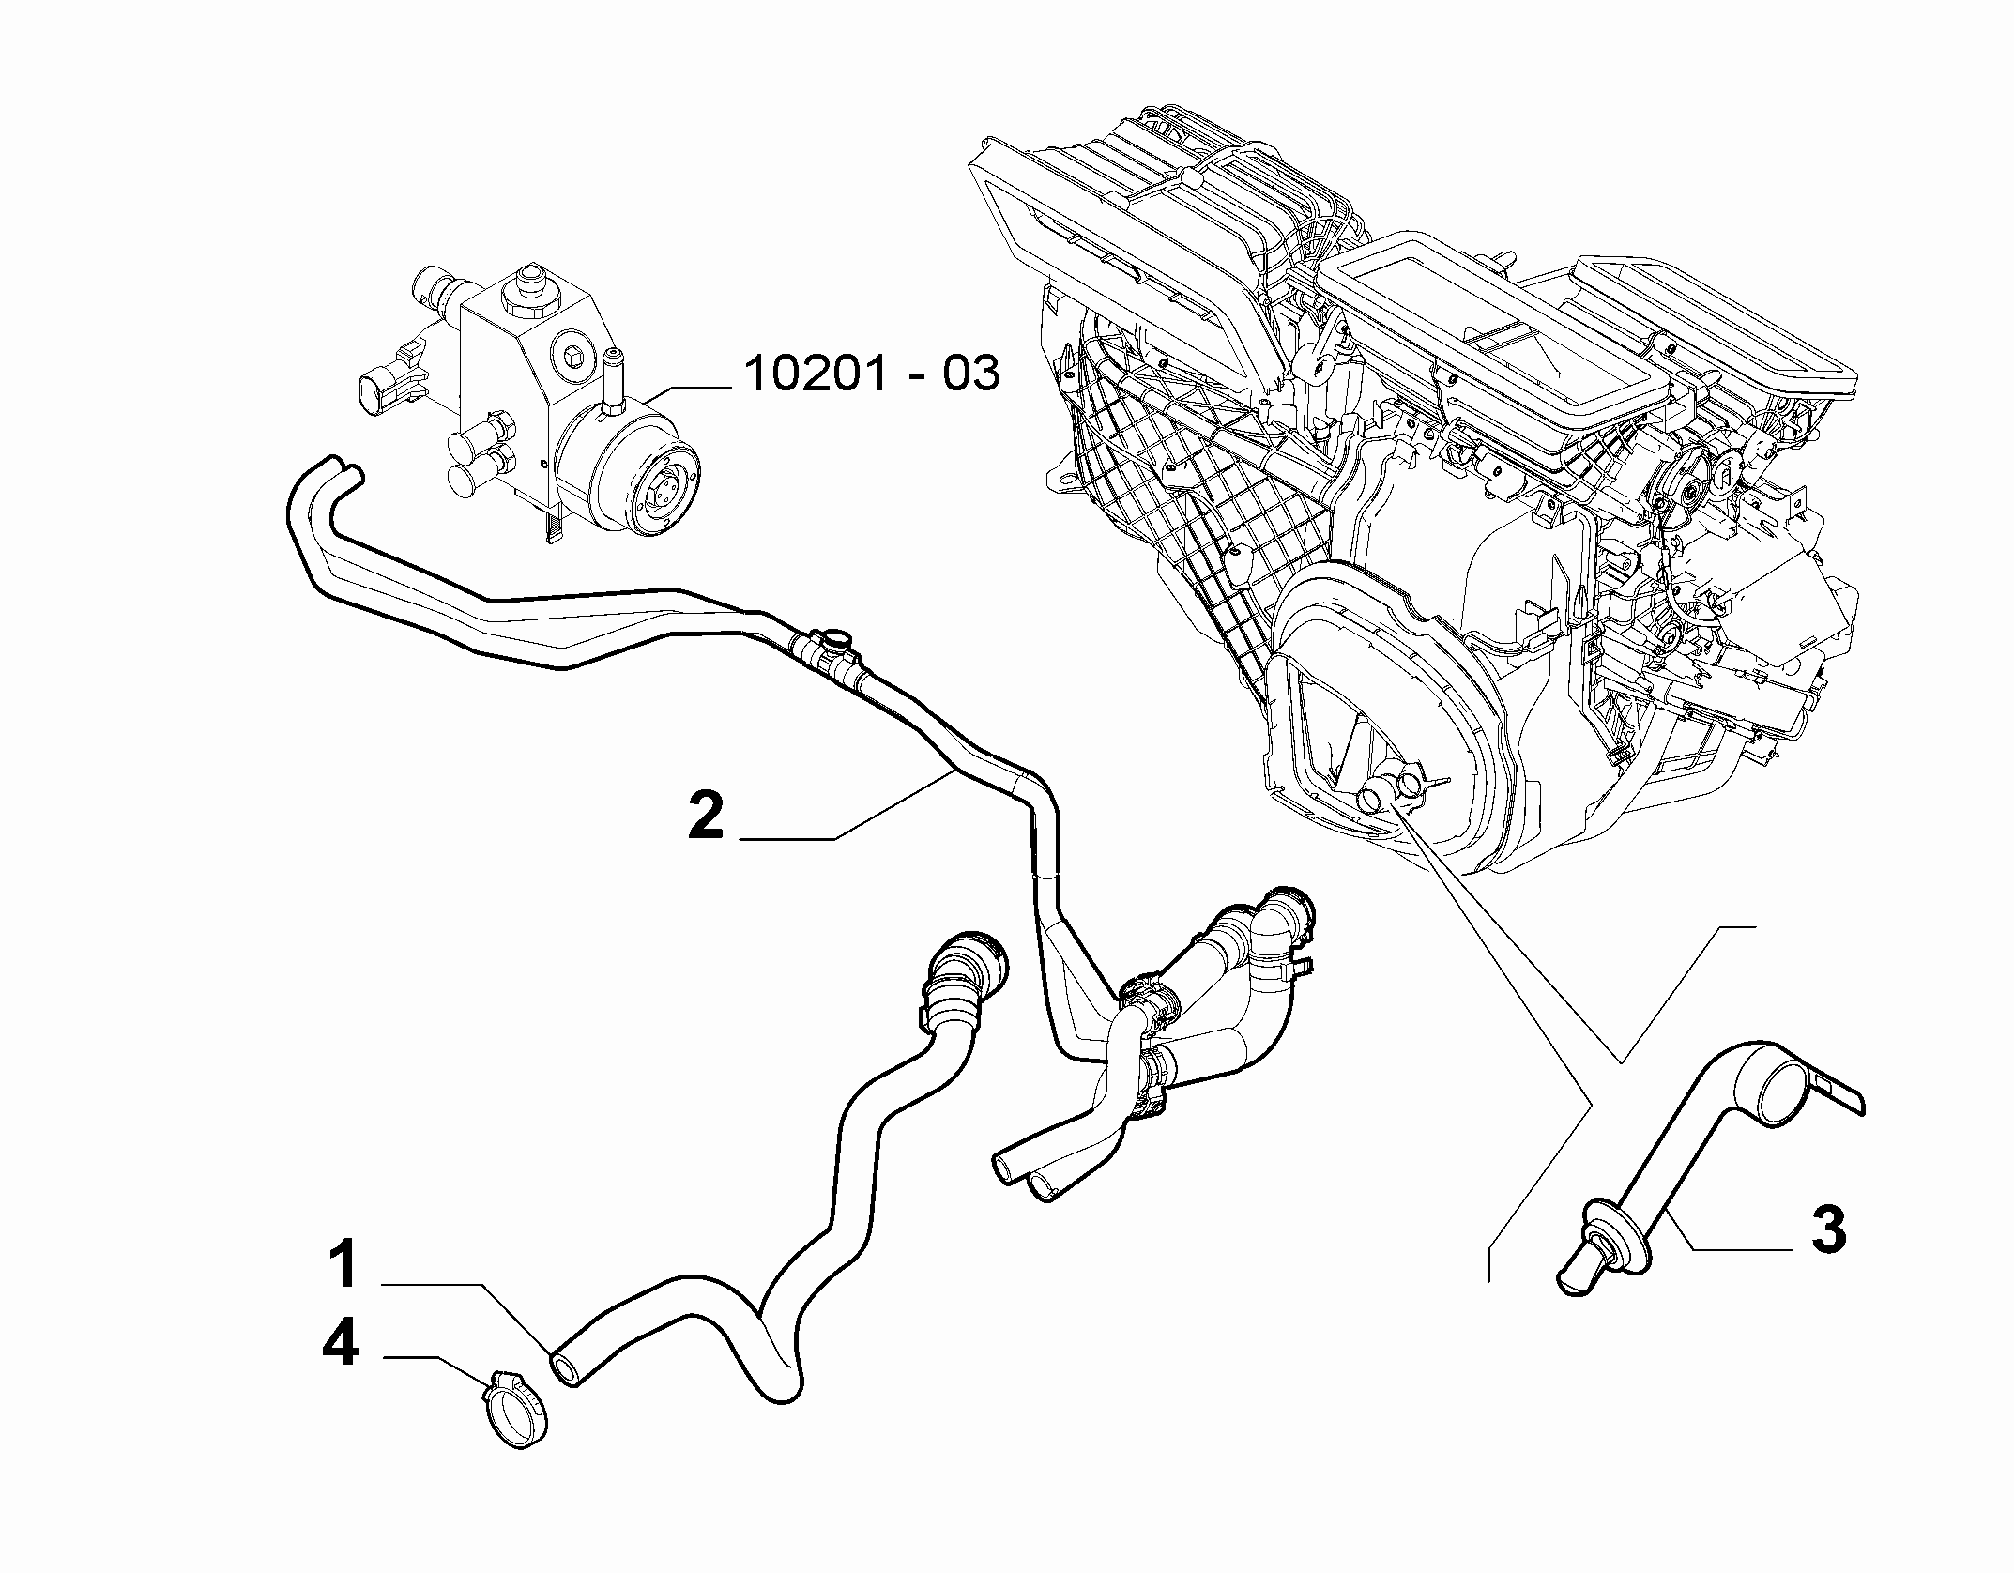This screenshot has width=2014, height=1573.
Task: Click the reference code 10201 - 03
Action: [x=872, y=374]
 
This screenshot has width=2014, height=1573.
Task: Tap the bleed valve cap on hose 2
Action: [x=835, y=638]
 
